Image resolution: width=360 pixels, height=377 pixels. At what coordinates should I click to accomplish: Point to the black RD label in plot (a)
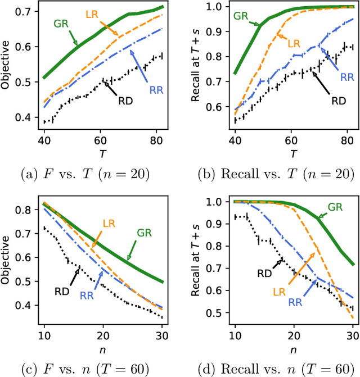point(124,101)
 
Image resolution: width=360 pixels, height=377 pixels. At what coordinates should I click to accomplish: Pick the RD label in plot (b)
point(338,101)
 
